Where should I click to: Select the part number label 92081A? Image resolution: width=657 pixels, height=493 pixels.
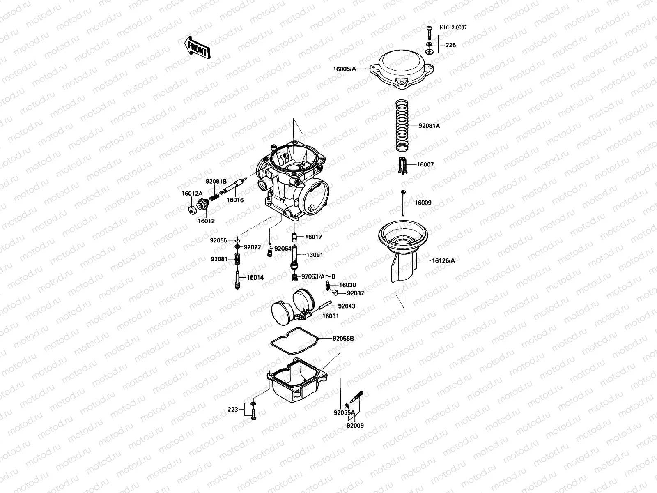pos(429,126)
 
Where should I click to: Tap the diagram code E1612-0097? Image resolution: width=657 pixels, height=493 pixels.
pos(453,28)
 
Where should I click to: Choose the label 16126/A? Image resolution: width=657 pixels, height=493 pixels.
pos(443,260)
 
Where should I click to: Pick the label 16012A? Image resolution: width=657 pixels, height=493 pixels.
pos(192,194)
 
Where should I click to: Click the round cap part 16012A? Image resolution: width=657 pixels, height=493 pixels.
pos(192,211)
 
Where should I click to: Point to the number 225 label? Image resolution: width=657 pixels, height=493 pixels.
pos(450,45)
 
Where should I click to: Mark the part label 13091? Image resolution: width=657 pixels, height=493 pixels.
pos(315,255)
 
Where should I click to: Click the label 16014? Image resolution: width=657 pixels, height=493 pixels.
pos(255,278)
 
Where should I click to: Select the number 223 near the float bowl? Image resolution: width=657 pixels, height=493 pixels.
pos(233,409)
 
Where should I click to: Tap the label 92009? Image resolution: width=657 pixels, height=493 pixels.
pos(355,426)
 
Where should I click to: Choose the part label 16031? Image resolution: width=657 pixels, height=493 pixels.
pos(331,316)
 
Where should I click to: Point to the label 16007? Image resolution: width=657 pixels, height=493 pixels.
pos(425,164)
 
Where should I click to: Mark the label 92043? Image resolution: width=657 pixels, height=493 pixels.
pos(347,306)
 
